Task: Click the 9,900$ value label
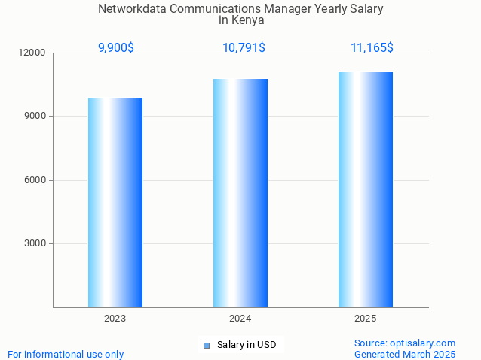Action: click(116, 48)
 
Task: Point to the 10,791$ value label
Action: click(244, 48)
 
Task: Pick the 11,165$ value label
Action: click(372, 48)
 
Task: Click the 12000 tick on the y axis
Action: click(33, 53)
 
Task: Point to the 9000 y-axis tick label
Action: click(35, 117)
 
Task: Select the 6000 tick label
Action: click(35, 180)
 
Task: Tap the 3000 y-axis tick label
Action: click(35, 243)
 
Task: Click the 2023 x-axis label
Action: click(115, 319)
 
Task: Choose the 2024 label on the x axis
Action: click(240, 319)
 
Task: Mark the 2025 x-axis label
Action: click(366, 319)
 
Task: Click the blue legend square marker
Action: click(207, 346)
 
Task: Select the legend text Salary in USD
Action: click(247, 346)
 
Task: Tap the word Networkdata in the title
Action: click(129, 9)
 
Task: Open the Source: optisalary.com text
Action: click(405, 343)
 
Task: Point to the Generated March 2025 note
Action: click(405, 354)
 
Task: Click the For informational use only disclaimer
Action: click(66, 354)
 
